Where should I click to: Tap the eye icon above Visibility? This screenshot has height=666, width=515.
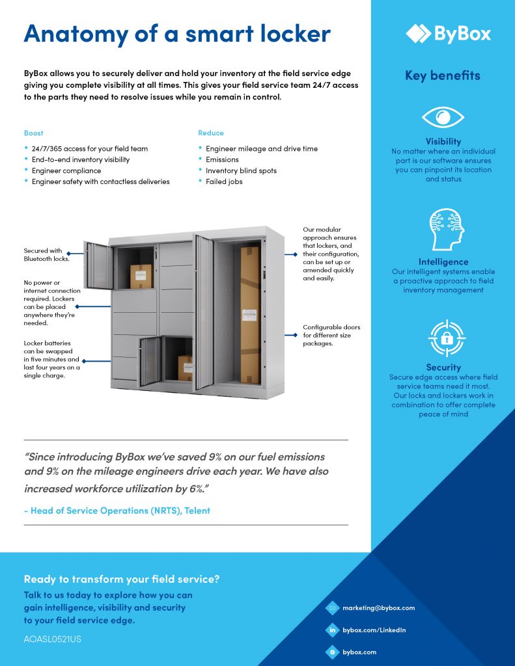tap(443, 118)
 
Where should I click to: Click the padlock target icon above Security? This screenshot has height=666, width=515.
tap(445, 338)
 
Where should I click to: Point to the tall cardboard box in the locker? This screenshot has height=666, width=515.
tap(250, 315)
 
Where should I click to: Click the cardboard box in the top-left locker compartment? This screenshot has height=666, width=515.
tap(141, 276)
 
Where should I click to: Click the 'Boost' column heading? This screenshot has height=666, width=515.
tap(33, 133)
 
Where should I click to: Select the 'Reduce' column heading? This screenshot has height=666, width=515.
tap(210, 133)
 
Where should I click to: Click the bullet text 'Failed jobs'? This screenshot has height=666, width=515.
tap(224, 181)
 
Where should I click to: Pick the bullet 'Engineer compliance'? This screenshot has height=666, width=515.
tap(67, 170)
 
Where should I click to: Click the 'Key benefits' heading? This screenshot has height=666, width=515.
tap(443, 75)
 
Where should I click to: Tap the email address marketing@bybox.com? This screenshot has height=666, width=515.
tap(378, 608)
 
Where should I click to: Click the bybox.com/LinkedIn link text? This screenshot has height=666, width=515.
tap(374, 630)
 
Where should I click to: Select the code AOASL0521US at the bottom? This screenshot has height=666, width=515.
tap(52, 639)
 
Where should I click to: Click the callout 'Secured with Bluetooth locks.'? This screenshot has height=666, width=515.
tap(43, 254)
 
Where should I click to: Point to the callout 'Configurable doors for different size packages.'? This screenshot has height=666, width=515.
tap(331, 335)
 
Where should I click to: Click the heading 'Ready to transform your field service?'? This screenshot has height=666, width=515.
tap(122, 579)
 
